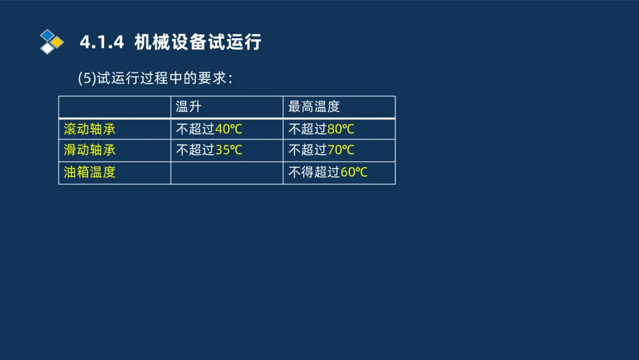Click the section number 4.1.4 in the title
[x=101, y=43]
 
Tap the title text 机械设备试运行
[x=198, y=43]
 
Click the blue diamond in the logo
[x=47, y=35]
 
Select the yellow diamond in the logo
[x=58, y=42]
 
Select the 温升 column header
[x=189, y=107]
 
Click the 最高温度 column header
[x=314, y=107]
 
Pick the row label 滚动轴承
[x=89, y=129]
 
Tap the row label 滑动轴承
[x=89, y=151]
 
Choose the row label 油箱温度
[x=89, y=173]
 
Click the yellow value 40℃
[x=228, y=129]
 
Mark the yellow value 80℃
[x=341, y=129]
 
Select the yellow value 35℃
[x=228, y=151]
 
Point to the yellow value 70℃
[x=341, y=151]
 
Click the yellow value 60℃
[x=353, y=173]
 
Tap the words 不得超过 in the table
[x=314, y=173]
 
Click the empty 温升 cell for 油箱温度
[x=226, y=173]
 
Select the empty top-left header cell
[x=114, y=107]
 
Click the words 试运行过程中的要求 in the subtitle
[x=162, y=79]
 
